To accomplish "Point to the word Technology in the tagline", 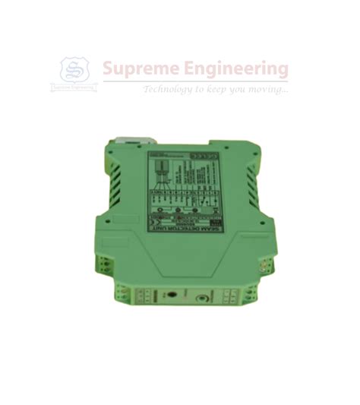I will (168, 90).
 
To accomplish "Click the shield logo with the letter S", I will (74, 71).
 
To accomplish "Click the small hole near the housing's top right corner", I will (245, 150).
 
